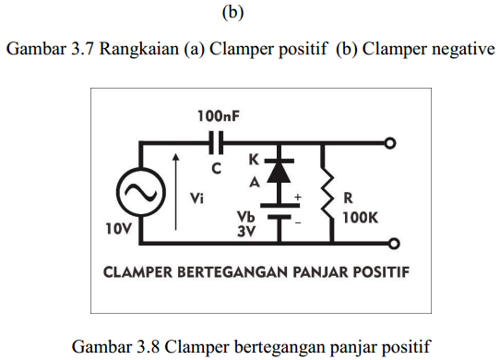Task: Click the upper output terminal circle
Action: [x=391, y=144]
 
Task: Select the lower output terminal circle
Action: [x=391, y=244]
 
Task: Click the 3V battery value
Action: [x=245, y=233]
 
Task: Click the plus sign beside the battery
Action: [x=298, y=197]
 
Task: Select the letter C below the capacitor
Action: [x=217, y=169]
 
